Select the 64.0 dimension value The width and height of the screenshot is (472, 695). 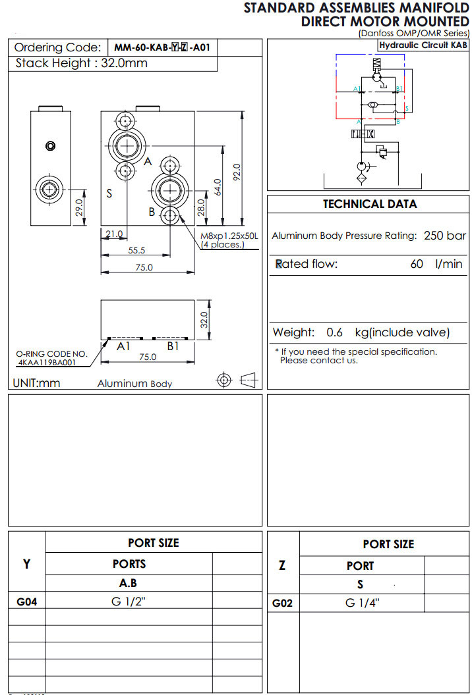(x=218, y=186)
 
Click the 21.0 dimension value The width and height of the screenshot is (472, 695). (x=114, y=234)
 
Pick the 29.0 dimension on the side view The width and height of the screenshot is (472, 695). (x=78, y=207)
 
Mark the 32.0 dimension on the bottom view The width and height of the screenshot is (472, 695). (x=205, y=320)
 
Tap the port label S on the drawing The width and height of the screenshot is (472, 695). (x=109, y=193)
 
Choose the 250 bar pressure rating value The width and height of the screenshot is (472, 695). (x=445, y=236)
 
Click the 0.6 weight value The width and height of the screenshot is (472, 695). (x=334, y=333)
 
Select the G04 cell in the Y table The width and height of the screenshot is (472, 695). (x=26, y=601)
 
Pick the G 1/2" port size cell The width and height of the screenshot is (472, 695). (x=129, y=601)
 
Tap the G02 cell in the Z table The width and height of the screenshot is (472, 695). (x=283, y=603)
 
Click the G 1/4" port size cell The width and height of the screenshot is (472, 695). (x=362, y=603)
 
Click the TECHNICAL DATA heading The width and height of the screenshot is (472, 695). (x=369, y=204)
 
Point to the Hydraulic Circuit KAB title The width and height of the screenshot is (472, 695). (x=423, y=45)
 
